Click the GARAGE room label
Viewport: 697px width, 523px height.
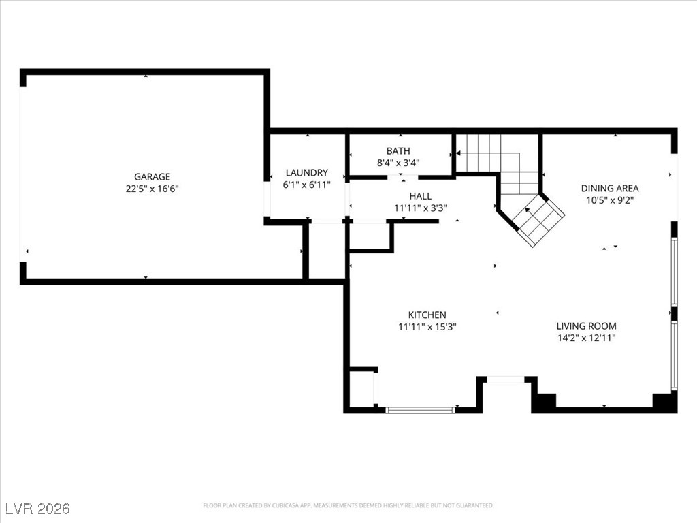152,176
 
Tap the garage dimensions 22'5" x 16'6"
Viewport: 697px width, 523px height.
152,189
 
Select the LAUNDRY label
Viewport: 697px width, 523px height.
307,172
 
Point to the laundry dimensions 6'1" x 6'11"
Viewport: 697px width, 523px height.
307,185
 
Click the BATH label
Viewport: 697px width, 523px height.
398,151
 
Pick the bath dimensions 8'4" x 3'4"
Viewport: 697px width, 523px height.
398,163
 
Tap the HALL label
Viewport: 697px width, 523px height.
421,196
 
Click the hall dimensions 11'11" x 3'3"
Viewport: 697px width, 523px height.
421,208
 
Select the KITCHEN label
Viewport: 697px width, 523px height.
427,315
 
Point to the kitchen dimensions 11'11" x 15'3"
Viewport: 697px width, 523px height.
427,327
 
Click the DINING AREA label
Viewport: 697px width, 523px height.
610,188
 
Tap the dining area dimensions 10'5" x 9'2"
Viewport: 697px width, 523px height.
610,200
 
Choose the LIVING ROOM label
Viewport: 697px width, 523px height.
586,326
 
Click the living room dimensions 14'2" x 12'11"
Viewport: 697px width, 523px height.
586,338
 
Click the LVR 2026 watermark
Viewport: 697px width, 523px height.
38,508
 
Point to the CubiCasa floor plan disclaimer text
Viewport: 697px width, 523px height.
348,505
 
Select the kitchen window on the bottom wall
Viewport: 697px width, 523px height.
420,409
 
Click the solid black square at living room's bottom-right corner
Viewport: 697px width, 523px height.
664,402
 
